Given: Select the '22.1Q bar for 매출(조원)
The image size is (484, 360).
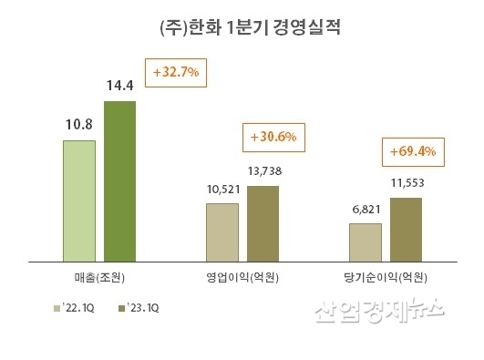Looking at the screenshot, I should pos(79,200).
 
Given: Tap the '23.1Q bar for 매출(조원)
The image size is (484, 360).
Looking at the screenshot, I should pos(119,180).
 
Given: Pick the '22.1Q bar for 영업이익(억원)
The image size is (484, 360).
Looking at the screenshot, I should pos(222,231).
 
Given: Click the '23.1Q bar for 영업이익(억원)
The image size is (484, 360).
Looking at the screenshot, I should pos(263,222).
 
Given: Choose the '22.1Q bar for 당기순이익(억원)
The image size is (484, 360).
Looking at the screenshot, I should pos(365,241).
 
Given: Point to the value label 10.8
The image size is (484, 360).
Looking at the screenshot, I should pos(79,125).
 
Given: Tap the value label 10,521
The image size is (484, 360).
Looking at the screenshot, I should pos(222,189).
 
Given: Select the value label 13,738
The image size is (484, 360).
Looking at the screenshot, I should pos(263,172).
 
